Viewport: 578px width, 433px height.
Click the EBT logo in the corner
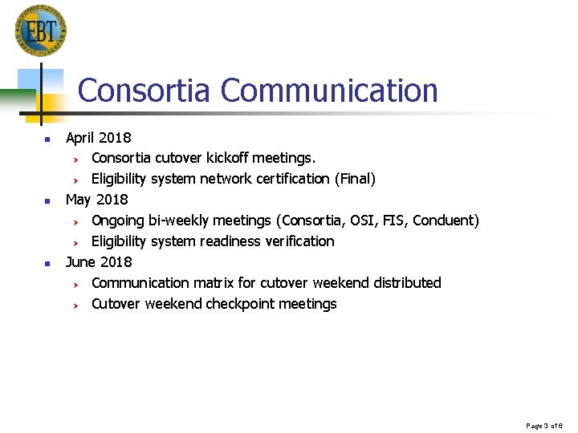[x=40, y=30]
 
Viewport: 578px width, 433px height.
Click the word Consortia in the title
[x=145, y=91]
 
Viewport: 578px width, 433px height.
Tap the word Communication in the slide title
[x=329, y=91]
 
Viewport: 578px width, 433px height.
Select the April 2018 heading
[x=98, y=137]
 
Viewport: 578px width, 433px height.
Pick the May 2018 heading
[x=96, y=199]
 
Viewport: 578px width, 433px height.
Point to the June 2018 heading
[x=99, y=261]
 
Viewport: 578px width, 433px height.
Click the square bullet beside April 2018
[x=47, y=139]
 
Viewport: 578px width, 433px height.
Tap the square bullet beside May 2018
[x=47, y=200]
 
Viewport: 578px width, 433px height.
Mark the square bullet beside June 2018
[x=47, y=263]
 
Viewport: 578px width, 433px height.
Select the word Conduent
[x=446, y=220]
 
